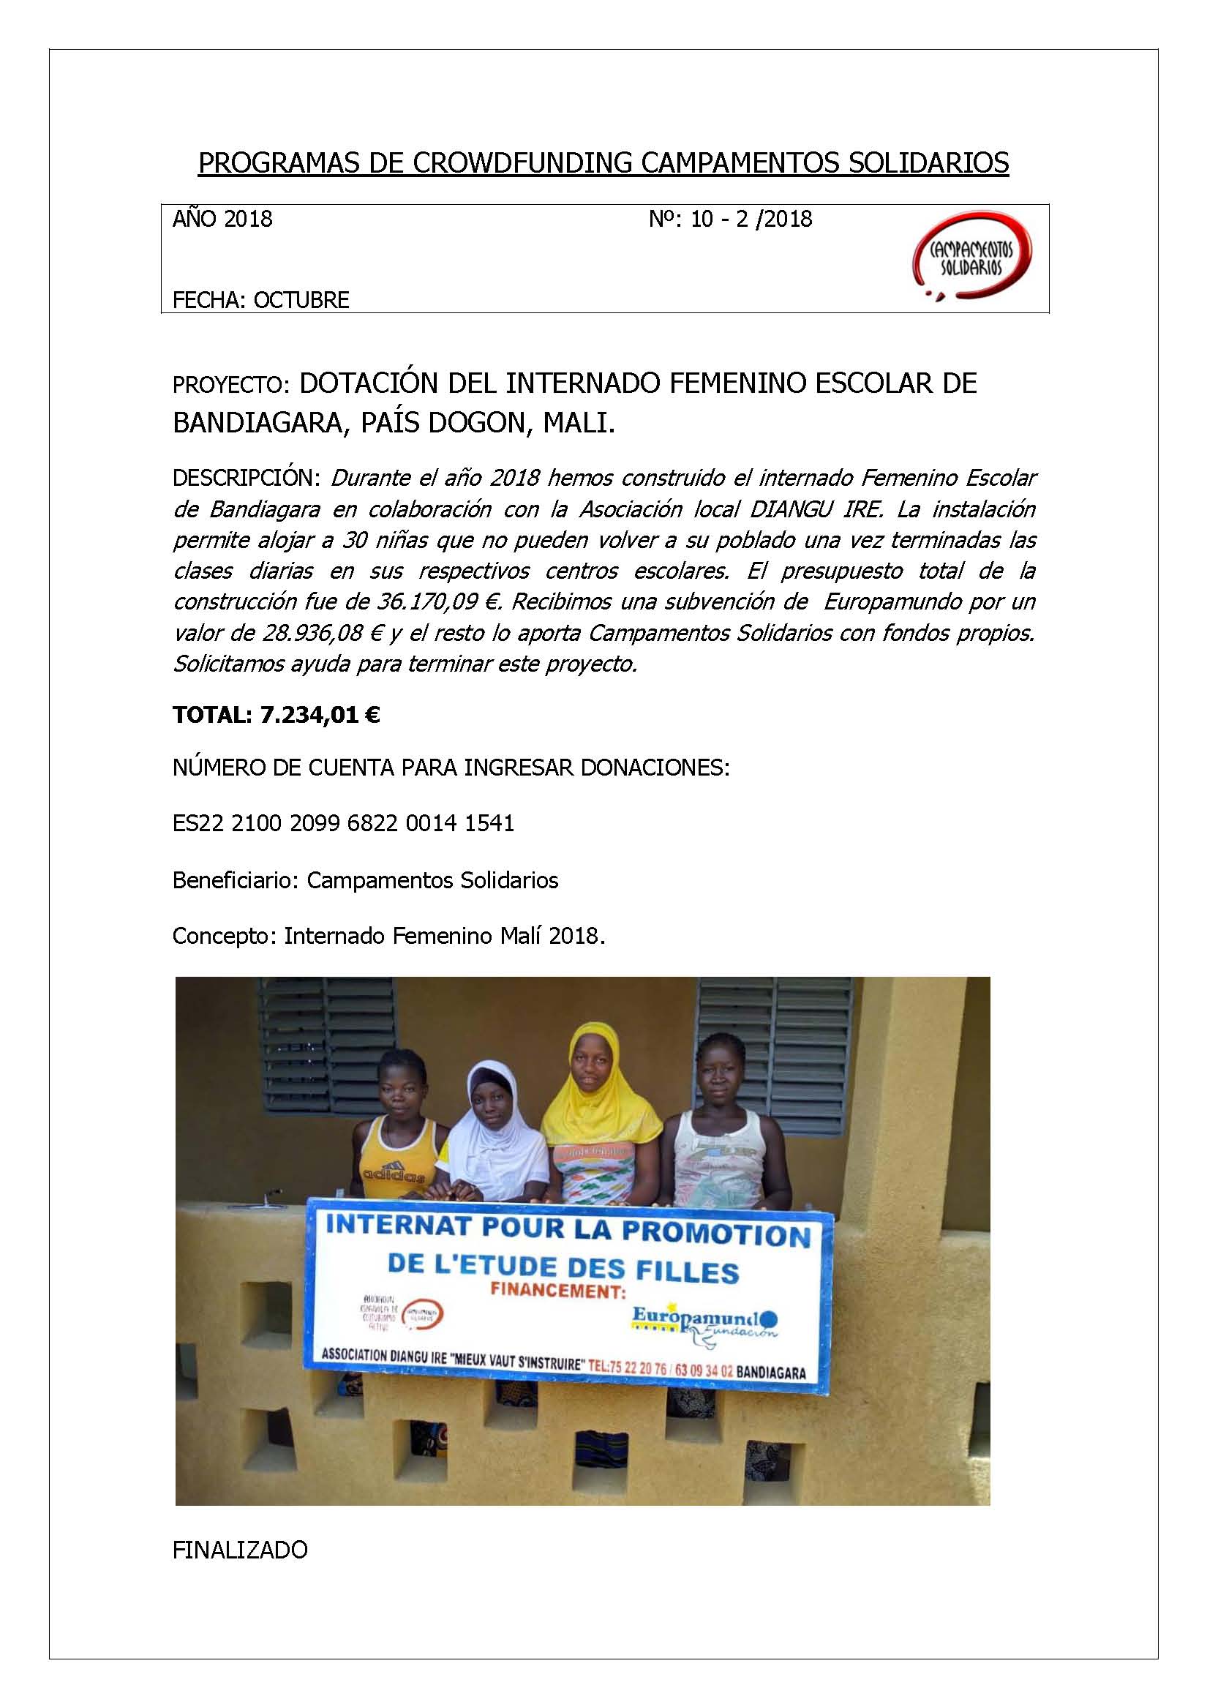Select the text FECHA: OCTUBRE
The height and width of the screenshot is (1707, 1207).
pos(261,301)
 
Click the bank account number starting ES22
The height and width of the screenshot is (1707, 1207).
pos(343,824)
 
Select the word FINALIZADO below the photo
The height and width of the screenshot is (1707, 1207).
pos(240,1550)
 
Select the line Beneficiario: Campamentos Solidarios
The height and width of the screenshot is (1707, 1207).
pos(366,880)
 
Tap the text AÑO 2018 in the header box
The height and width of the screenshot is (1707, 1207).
pos(223,220)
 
